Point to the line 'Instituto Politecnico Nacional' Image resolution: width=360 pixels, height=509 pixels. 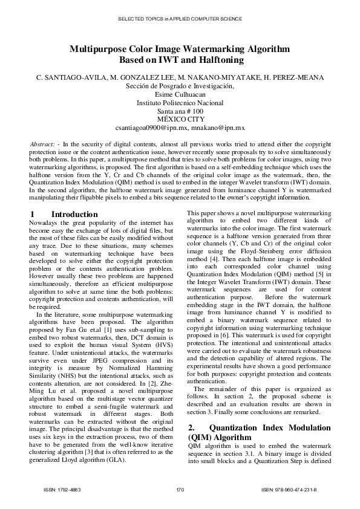(180, 103)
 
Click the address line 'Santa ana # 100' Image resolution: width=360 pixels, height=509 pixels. (180, 112)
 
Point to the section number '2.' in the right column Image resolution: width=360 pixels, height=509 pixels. (191, 429)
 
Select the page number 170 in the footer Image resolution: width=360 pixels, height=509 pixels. (180, 488)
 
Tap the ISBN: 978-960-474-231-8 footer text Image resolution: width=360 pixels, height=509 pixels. (294, 488)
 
